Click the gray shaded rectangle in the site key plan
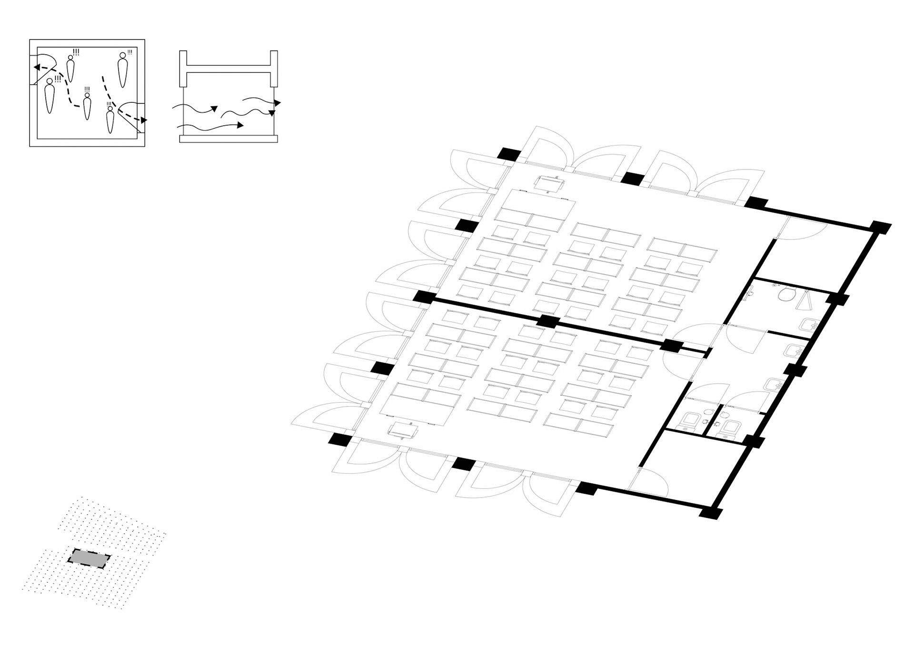point(89,558)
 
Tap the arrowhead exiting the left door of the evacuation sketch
point(36,67)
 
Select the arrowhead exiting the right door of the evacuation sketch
point(144,120)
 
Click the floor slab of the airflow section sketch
point(228,139)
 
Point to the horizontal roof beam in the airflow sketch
point(228,69)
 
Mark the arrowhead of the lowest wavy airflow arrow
point(241,125)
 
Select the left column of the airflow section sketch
point(183,69)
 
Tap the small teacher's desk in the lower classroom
point(403,430)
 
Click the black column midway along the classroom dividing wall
point(548,321)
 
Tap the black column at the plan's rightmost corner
point(881,228)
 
